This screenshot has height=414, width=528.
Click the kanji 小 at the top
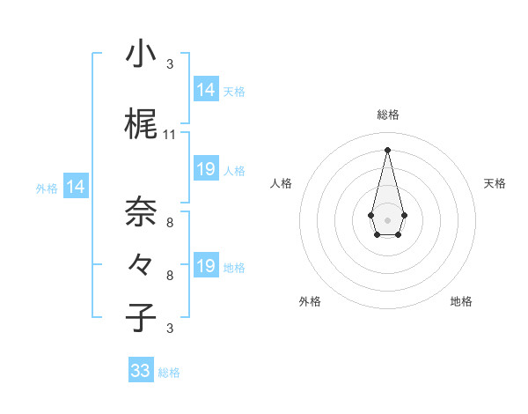pos(141,55)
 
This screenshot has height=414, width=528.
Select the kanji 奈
pos(141,211)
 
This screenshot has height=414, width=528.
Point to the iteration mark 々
pos(141,264)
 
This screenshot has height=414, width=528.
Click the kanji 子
pos(141,317)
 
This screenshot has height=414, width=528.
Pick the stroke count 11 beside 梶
pos(170,135)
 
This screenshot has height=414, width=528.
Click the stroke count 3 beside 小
pos(170,64)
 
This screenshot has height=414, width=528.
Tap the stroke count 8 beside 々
pos(170,276)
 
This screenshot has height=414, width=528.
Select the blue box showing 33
pos(141,371)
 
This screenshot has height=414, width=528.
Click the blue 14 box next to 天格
pos(206,90)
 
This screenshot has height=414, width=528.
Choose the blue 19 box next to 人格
pos(206,169)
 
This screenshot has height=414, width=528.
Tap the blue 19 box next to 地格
pos(206,266)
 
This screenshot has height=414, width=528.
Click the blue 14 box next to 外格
pos(76,187)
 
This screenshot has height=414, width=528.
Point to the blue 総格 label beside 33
pos(169,373)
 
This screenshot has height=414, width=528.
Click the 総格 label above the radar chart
pos(388,115)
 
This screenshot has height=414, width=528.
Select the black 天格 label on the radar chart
pos(495,183)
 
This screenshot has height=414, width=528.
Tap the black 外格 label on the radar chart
pos(310,301)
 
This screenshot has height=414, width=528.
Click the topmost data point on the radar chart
pos(387,149)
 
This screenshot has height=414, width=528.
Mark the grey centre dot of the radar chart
pos(387,218)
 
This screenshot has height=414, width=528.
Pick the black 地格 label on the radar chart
pos(461,301)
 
